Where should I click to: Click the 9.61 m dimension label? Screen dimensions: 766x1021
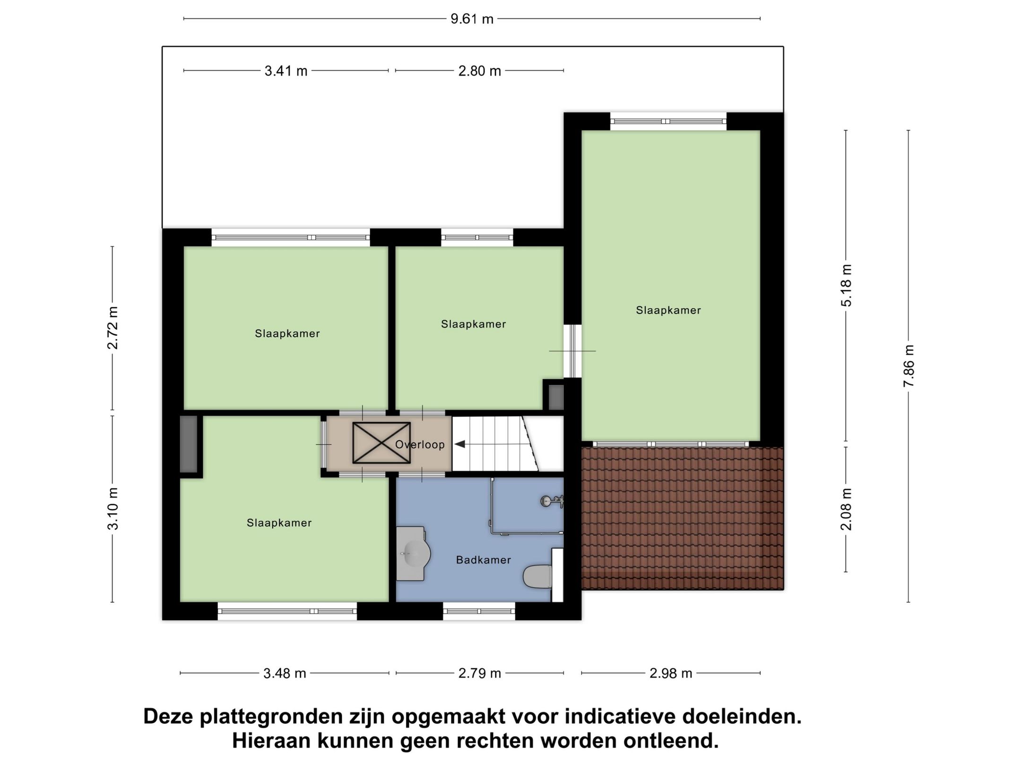click(x=472, y=19)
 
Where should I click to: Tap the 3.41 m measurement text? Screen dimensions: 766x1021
click(x=286, y=71)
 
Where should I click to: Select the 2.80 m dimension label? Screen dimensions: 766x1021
click(x=479, y=71)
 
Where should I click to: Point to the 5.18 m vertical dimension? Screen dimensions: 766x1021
click(x=846, y=285)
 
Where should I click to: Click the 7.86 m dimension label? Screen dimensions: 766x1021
click(x=909, y=366)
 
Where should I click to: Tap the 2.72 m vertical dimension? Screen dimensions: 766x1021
click(x=112, y=328)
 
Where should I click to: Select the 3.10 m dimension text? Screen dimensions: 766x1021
click(x=112, y=508)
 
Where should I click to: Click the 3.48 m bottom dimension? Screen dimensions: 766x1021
click(x=285, y=673)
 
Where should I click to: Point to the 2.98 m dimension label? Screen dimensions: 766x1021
click(x=671, y=673)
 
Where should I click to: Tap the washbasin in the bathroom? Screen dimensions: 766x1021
click(x=413, y=553)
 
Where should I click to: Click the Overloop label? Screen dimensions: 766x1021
click(x=420, y=444)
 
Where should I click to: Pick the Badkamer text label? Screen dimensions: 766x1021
click(x=483, y=560)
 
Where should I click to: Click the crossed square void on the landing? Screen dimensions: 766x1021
click(x=381, y=443)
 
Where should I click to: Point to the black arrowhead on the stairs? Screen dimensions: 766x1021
click(x=459, y=444)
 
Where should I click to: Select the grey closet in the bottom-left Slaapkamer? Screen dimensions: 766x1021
click(x=189, y=444)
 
